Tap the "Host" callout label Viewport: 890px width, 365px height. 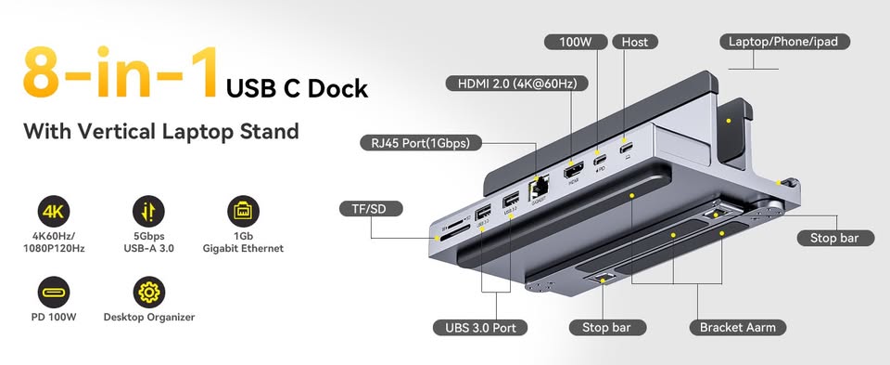click(x=634, y=42)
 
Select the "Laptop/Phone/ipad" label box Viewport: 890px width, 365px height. click(x=782, y=41)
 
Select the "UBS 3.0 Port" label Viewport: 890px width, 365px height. click(x=480, y=327)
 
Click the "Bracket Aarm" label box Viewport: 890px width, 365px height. click(x=738, y=327)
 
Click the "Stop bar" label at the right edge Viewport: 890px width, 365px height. click(x=835, y=238)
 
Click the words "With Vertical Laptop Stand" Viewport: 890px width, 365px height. click(x=161, y=131)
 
